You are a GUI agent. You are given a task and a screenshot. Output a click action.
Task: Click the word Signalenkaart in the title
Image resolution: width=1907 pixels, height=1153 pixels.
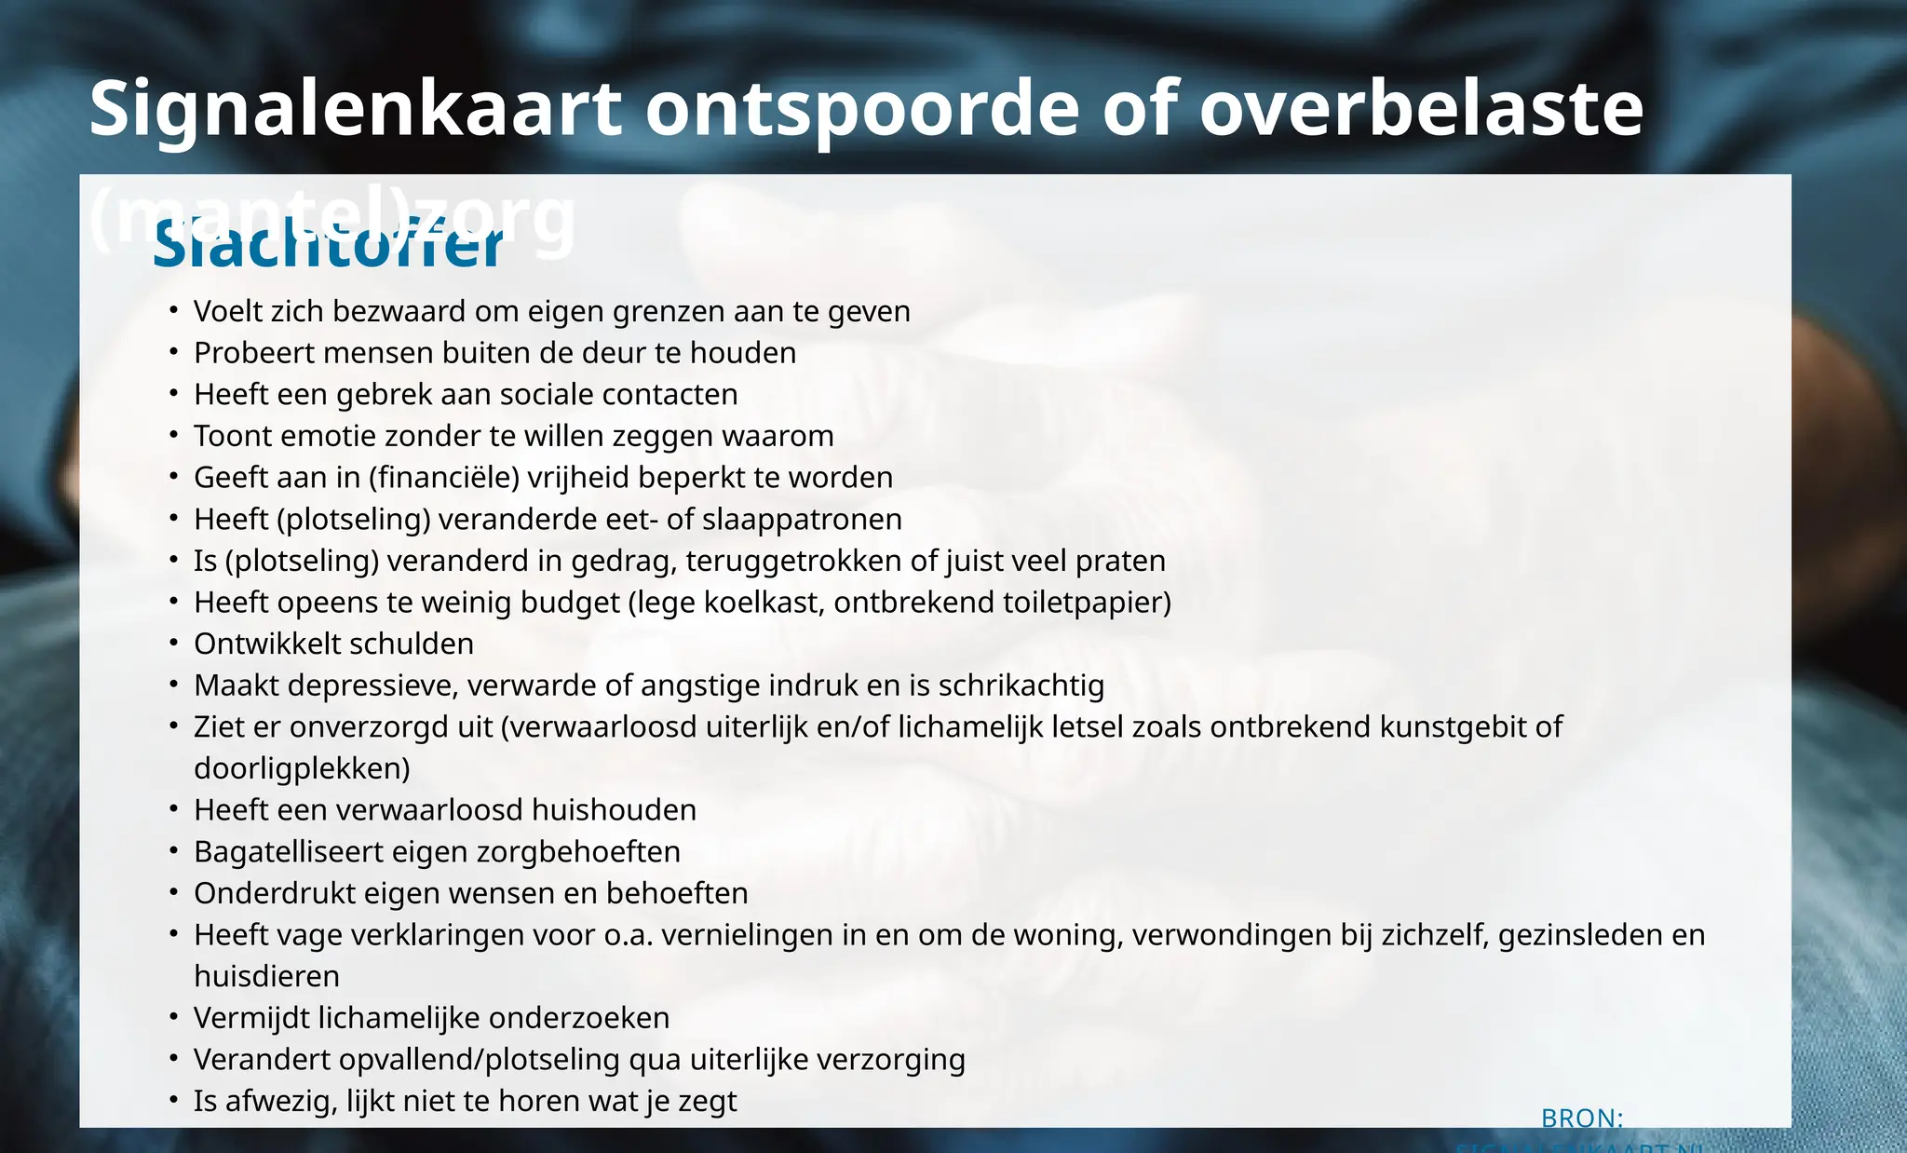point(355,109)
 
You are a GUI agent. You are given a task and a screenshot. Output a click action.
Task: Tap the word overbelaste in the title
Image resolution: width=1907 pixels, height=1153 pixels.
point(1421,109)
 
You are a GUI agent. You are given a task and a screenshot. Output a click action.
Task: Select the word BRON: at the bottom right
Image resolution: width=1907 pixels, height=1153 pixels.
point(1582,1118)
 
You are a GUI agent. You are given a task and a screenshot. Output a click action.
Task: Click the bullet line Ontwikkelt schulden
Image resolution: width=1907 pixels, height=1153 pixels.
point(333,644)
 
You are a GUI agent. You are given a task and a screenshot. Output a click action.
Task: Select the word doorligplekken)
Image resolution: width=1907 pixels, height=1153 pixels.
point(302,769)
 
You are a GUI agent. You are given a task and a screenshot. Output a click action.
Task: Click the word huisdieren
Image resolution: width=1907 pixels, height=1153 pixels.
point(266,977)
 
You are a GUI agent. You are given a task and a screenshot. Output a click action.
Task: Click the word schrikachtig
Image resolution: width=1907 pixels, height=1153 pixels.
point(1021,686)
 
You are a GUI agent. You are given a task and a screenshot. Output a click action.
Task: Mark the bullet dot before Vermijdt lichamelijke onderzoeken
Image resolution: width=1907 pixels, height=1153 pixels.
point(174,1017)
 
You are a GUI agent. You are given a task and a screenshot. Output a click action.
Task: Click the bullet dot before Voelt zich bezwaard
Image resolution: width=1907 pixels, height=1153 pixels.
point(174,310)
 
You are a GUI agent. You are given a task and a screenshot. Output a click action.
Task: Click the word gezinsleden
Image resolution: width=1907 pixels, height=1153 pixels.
point(1589,935)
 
